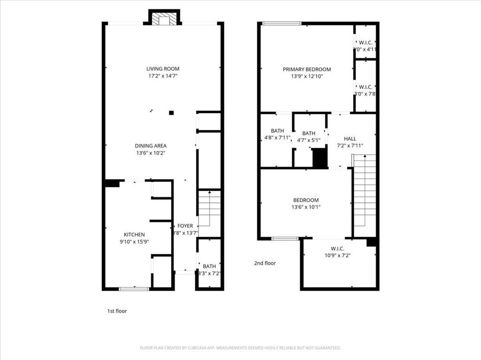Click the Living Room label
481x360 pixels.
163,69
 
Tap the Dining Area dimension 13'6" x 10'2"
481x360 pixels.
150,153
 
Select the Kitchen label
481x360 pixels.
134,234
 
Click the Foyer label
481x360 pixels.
185,226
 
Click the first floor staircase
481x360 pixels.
209,208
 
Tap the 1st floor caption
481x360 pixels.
117,311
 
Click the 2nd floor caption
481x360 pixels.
265,263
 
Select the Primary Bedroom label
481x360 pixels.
307,69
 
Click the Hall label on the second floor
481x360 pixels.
350,139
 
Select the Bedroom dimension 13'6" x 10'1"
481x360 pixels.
306,207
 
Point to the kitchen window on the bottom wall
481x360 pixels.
134,289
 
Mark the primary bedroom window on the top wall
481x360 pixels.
282,23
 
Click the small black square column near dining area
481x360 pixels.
171,112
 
